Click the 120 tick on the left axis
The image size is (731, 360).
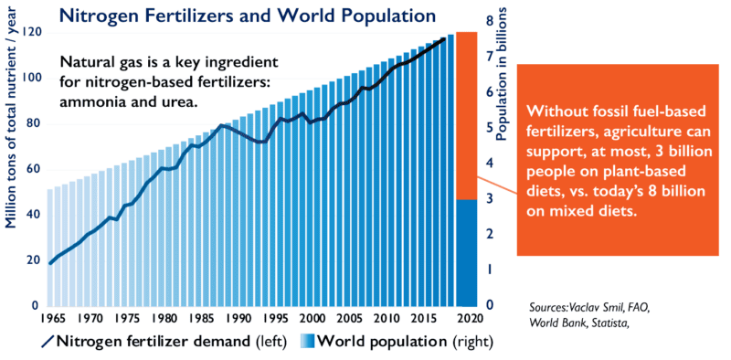35,33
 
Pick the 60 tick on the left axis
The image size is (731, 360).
37,170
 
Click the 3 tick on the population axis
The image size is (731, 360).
490,199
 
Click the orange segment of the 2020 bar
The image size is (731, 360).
467,116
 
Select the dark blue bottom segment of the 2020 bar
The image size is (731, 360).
467,253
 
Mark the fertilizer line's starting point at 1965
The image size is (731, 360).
50,263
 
